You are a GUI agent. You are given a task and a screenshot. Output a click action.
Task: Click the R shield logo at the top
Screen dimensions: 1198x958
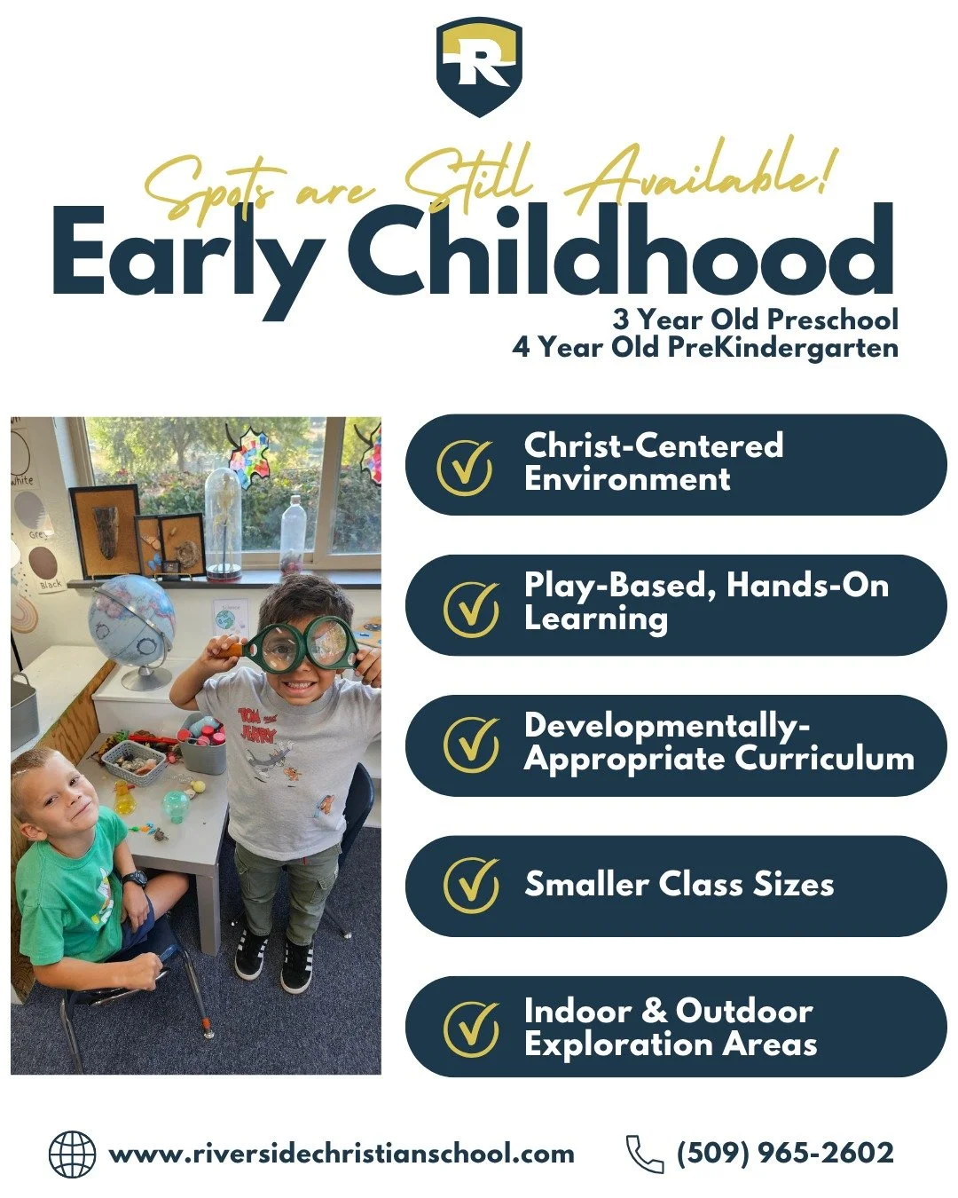[479, 67]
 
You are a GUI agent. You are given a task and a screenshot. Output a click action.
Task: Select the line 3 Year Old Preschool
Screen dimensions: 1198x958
[755, 319]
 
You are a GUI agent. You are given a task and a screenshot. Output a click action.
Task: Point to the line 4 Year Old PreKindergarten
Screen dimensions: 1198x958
[705, 347]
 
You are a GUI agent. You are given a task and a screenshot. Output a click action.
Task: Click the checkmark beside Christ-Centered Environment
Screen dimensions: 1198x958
[465, 465]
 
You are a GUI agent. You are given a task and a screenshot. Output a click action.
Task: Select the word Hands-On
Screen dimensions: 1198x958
[807, 586]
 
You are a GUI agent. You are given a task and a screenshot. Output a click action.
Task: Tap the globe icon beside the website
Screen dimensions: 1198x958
[72, 1155]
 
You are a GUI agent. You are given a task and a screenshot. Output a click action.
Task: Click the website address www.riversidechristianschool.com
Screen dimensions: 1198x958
[342, 1155]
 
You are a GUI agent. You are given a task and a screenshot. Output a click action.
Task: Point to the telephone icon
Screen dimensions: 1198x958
[644, 1155]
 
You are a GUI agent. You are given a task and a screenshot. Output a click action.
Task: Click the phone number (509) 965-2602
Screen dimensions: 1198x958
[785, 1154]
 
